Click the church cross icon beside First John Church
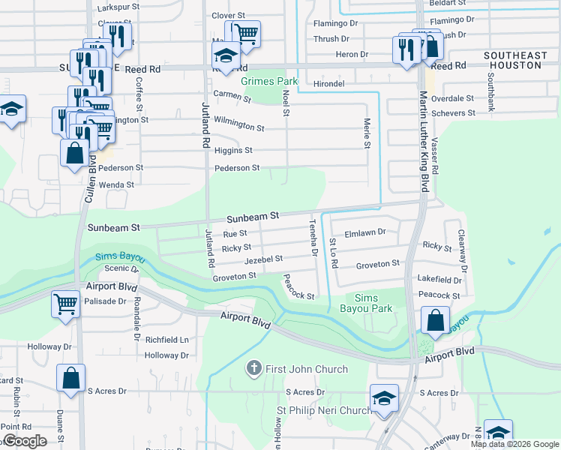pos(254,369)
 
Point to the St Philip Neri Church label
pos(324,410)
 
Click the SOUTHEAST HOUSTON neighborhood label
pos(513,61)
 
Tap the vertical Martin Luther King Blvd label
pos(424,142)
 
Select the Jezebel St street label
pos(262,259)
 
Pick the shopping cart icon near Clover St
pos(245,32)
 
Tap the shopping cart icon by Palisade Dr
pos(65,304)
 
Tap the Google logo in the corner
pos(24,441)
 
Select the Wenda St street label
pos(116,184)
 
